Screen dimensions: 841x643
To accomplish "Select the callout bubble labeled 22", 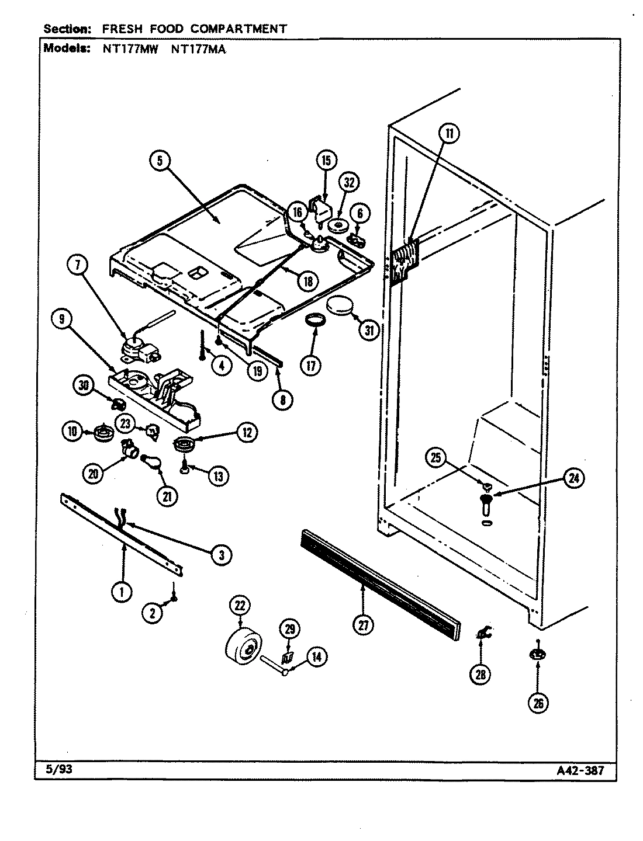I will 239,606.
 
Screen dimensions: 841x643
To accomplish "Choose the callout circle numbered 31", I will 368,330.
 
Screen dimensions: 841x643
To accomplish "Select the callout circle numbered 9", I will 61,319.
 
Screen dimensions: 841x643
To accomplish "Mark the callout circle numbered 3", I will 221,554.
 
